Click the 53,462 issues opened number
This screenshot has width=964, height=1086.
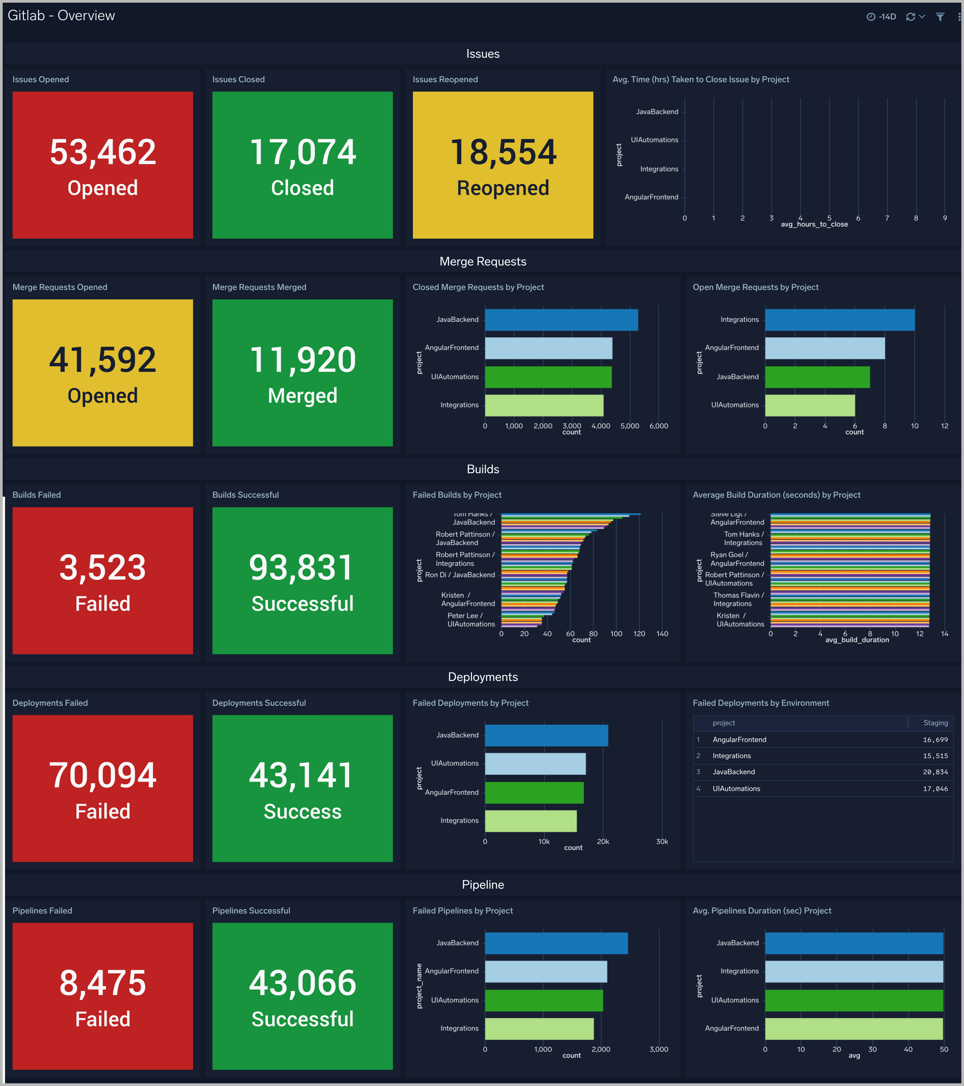pyautogui.click(x=103, y=152)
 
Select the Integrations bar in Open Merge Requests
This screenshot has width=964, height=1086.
pyautogui.click(x=839, y=320)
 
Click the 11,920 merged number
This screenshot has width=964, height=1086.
pyautogui.click(x=302, y=360)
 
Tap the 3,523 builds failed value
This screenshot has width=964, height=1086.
pyautogui.click(x=103, y=567)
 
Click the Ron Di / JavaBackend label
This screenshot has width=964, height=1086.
pyautogui.click(x=460, y=575)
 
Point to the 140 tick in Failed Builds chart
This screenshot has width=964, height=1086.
pyautogui.click(x=662, y=634)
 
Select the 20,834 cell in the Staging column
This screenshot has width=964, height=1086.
pyautogui.click(x=935, y=772)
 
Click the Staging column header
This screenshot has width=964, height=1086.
pyautogui.click(x=935, y=723)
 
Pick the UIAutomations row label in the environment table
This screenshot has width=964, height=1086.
pyautogui.click(x=736, y=788)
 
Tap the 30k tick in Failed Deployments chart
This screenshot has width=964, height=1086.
pyautogui.click(x=662, y=842)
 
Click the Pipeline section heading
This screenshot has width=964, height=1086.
pyautogui.click(x=482, y=885)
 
